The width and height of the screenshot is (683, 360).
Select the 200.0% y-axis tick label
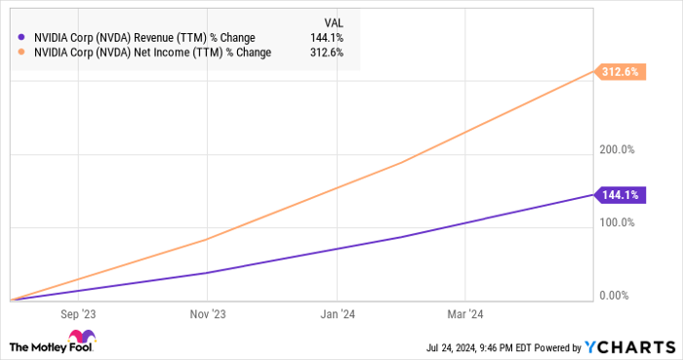coord(617,149)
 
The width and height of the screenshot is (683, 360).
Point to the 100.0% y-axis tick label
coord(617,222)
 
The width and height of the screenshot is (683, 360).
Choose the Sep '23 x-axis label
coord(79,314)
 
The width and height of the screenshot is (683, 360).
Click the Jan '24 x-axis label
coord(337,314)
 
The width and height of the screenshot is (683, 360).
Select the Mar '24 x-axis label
coord(464,314)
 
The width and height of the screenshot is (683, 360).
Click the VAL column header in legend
coord(334,20)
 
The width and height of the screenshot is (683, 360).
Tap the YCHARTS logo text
coord(629,346)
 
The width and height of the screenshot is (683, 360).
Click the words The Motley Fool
coord(42,346)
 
